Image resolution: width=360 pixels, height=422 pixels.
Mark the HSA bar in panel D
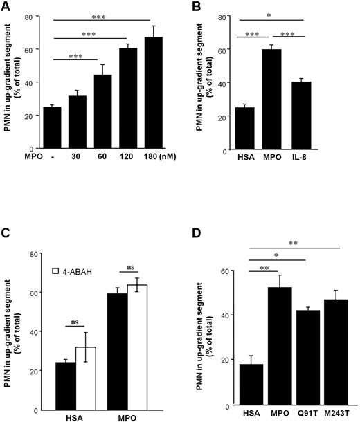235,384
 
